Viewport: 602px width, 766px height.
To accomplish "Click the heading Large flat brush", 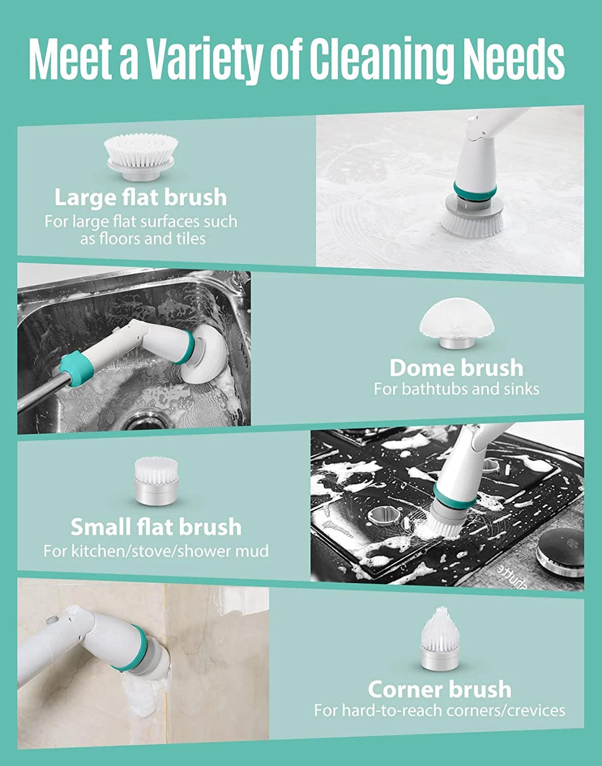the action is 140,198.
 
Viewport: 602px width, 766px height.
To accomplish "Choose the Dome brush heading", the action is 456,368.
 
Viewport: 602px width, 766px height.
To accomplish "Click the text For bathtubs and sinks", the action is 456,389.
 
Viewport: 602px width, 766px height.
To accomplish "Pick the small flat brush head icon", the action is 155,481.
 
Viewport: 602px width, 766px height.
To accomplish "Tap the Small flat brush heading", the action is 156,527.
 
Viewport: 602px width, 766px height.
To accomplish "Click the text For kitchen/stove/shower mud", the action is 156,551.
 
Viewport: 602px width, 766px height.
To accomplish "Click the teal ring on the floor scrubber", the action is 475,190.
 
